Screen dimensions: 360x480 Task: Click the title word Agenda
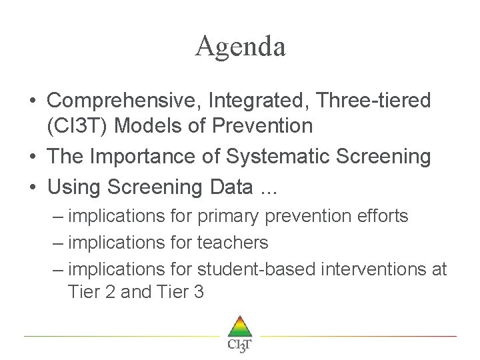[x=240, y=47]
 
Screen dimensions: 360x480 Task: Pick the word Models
[x=158, y=125]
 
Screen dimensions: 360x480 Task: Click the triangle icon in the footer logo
[x=240, y=327]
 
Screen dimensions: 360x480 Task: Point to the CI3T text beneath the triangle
[x=240, y=345]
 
